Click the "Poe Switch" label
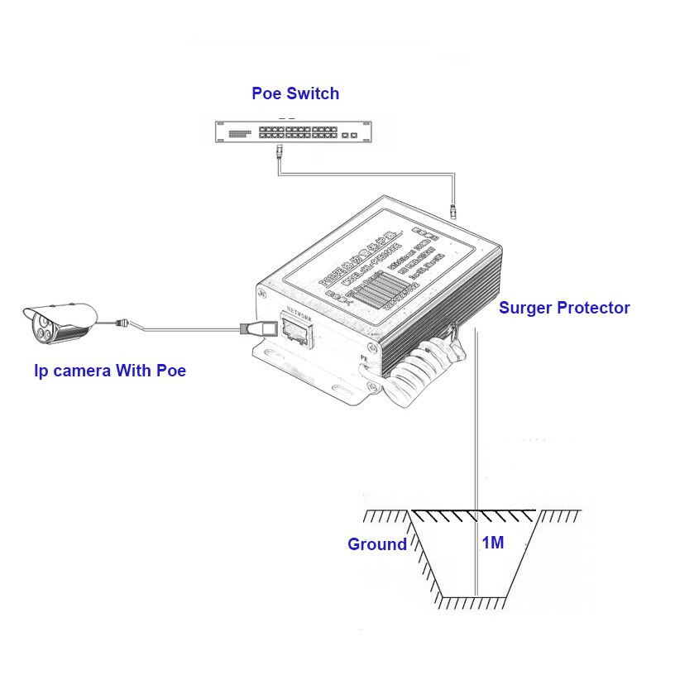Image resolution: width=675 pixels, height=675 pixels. pyautogui.click(x=295, y=93)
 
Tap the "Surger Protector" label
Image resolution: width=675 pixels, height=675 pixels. pyautogui.click(x=564, y=308)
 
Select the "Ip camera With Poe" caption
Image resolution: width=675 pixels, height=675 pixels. pyautogui.click(x=110, y=371)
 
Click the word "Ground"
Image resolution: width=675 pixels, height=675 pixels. pyautogui.click(x=376, y=544)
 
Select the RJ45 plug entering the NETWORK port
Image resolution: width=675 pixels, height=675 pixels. pyautogui.click(x=251, y=328)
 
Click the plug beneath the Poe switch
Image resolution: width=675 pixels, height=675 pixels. pyautogui.click(x=279, y=151)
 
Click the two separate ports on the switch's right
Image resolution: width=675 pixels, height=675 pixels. pyautogui.click(x=349, y=132)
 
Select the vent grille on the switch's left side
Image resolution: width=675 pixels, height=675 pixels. pyautogui.click(x=239, y=132)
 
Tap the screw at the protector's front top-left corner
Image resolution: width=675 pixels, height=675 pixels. pyautogui.click(x=261, y=293)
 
